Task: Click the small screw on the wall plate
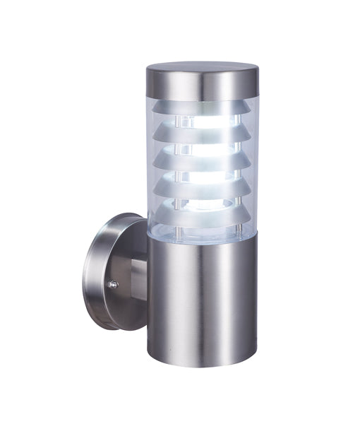point(112,285)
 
